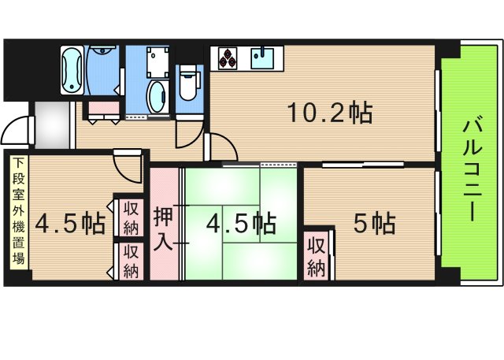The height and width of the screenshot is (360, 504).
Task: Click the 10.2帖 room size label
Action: pyautogui.click(x=330, y=113)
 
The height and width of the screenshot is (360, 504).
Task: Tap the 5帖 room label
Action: pyautogui.click(x=375, y=223)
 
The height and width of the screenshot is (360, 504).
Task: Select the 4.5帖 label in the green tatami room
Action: pyautogui.click(x=241, y=223)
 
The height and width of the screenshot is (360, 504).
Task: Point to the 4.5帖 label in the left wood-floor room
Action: pyautogui.click(x=70, y=223)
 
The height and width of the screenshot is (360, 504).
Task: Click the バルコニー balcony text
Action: pyautogui.click(x=472, y=170)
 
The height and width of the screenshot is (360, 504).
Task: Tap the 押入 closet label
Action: pyautogui.click(x=164, y=228)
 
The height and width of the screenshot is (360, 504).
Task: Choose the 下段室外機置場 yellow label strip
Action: pyautogui.click(x=19, y=212)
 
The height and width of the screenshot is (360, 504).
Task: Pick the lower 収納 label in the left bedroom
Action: pyautogui.click(x=132, y=262)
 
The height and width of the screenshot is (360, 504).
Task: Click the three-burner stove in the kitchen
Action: pyautogui.click(x=228, y=58)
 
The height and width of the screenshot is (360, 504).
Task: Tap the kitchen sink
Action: pyautogui.click(x=262, y=58)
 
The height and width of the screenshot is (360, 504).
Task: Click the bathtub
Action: pyautogui.click(x=72, y=71)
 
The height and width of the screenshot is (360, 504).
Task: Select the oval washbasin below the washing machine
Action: pyautogui.click(x=157, y=96)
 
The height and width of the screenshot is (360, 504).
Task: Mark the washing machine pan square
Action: pyautogui.click(x=157, y=62)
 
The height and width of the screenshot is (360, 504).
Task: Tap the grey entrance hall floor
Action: pyautogui.click(x=52, y=124)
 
